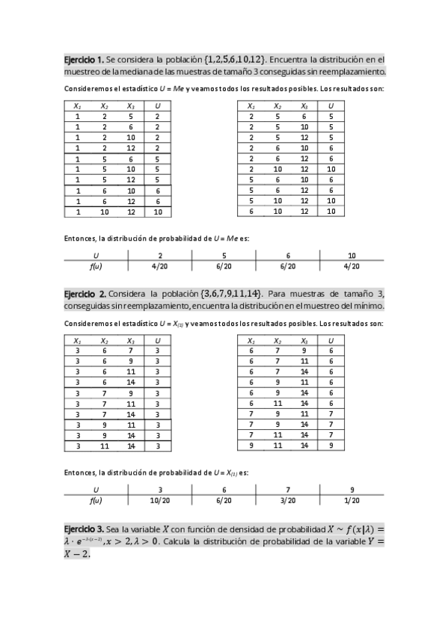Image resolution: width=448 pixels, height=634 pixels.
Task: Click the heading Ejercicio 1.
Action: [x=83, y=59]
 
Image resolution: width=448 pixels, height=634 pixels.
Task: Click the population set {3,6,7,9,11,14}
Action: [x=238, y=293]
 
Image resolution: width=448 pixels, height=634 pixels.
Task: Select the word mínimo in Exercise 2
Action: [x=367, y=306]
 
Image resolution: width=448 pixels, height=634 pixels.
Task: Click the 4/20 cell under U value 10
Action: [x=352, y=265]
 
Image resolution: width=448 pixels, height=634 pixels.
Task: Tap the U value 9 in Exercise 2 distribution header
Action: [x=352, y=489]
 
